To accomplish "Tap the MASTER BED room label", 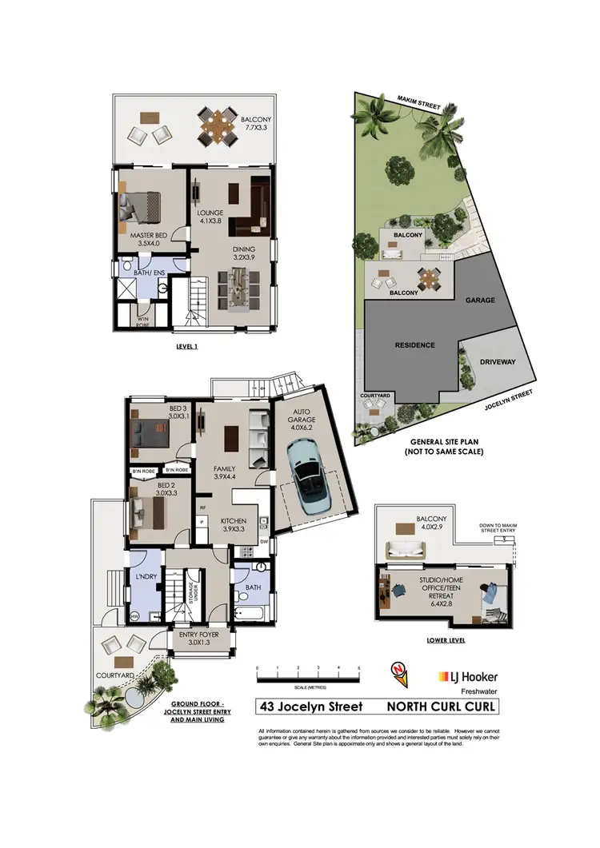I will point(150,240).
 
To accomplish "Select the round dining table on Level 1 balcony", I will point(218,124).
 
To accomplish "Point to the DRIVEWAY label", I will point(498,362).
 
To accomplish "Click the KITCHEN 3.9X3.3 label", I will point(233,525).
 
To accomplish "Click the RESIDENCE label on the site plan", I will point(414,345).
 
